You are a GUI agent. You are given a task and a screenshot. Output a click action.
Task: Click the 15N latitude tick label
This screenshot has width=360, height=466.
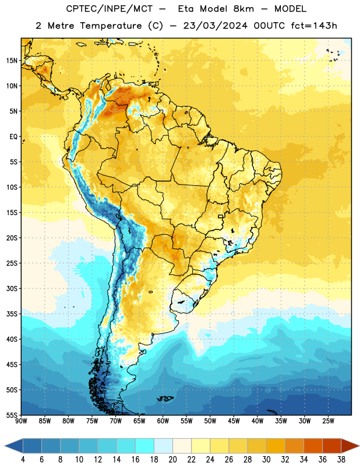(12, 61)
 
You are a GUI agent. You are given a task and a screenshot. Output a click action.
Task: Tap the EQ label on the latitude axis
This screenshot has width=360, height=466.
(13, 137)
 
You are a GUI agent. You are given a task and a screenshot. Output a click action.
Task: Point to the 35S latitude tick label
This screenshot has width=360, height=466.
(12, 314)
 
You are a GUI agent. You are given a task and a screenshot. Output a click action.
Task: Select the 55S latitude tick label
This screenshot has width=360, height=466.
(12, 415)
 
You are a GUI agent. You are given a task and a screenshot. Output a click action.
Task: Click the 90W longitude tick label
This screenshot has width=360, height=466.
(22, 421)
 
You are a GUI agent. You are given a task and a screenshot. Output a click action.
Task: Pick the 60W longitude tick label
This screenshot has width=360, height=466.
(163, 421)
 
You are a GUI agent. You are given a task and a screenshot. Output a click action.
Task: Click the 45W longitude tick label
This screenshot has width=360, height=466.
(234, 421)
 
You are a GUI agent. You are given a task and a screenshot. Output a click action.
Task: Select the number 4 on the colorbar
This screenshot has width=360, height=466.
(23, 460)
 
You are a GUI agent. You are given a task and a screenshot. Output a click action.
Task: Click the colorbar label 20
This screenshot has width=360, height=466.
(172, 460)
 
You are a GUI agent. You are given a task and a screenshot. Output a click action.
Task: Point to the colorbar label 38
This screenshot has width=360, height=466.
(341, 460)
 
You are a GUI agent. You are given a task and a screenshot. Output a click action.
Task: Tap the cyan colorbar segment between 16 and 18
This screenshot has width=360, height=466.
(145, 446)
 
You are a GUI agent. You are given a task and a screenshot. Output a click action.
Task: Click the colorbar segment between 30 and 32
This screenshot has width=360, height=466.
(276, 446)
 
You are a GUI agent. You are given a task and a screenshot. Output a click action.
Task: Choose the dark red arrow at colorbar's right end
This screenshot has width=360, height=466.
(350, 446)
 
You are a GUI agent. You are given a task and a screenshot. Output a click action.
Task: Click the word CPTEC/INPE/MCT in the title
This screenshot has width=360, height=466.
(110, 9)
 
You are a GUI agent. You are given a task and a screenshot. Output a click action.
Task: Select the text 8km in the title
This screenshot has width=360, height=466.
(243, 9)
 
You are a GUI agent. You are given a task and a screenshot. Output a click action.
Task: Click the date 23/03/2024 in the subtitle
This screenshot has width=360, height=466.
(215, 26)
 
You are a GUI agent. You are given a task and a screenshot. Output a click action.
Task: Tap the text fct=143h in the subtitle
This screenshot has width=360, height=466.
(314, 26)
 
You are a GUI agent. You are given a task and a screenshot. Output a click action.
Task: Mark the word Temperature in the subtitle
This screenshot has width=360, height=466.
(111, 26)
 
